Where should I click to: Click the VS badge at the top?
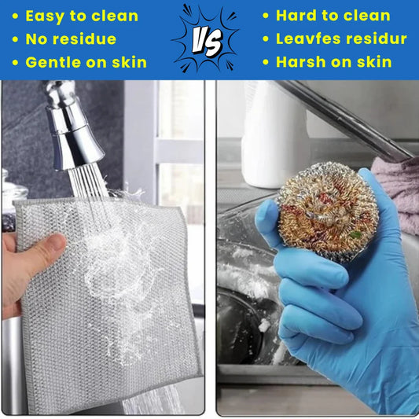[208, 39]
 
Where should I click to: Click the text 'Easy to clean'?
[82, 16]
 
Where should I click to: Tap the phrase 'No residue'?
[71, 39]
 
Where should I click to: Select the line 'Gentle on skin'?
[86, 61]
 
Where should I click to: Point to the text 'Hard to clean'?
[333, 16]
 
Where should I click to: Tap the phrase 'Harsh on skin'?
[333, 61]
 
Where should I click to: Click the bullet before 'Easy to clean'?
[16, 16]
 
